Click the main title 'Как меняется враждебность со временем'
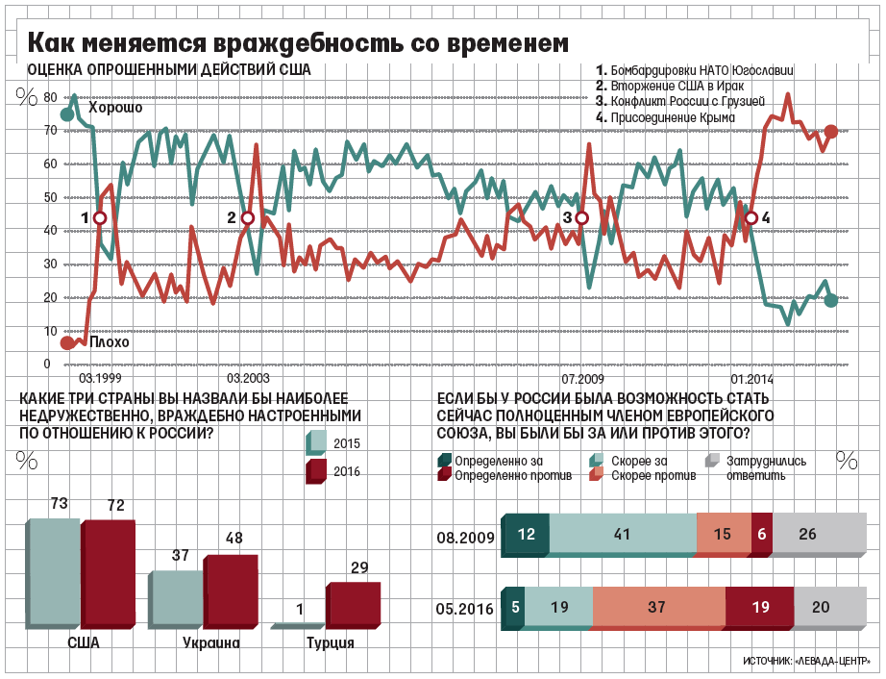pyautogui.click(x=297, y=43)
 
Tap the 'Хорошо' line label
pyautogui.click(x=115, y=108)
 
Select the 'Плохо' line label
pyautogui.click(x=109, y=341)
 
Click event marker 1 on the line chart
pyautogui.click(x=99, y=218)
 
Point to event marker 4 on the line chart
pyautogui.click(x=751, y=218)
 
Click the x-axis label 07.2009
pyautogui.click(x=583, y=379)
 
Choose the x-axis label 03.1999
pyautogui.click(x=100, y=379)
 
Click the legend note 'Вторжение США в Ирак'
pyautogui.click(x=671, y=86)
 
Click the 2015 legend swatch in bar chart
pyautogui.click(x=316, y=441)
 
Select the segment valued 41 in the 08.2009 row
pyautogui.click(x=623, y=534)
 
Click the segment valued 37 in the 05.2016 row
pyautogui.click(x=658, y=607)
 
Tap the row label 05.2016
pyautogui.click(x=465, y=609)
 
